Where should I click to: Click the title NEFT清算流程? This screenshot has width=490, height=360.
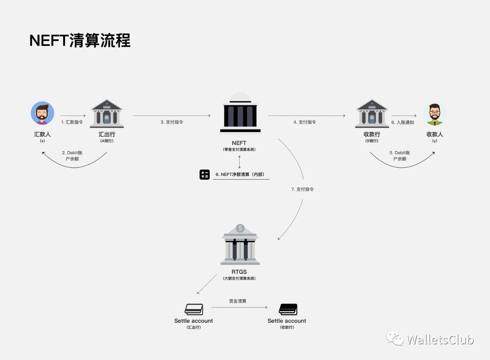[x=80, y=41]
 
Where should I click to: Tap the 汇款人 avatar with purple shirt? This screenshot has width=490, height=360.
[x=42, y=113]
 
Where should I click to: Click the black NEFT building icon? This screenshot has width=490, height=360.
[x=240, y=114]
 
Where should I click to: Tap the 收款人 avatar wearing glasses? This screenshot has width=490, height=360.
[x=434, y=114]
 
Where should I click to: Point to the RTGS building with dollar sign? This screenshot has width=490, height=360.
[x=240, y=245]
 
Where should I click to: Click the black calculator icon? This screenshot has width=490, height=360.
[x=205, y=174]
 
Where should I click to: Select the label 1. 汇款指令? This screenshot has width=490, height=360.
[x=72, y=122]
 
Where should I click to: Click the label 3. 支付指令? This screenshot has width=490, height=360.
[x=172, y=122]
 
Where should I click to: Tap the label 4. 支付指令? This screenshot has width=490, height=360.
[x=305, y=122]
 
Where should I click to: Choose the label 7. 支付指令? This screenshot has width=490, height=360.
[x=302, y=189]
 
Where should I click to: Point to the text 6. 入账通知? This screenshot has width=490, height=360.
[x=402, y=122]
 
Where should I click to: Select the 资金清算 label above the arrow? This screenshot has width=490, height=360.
[x=238, y=301]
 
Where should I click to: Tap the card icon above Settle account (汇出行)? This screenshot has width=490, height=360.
[x=194, y=309]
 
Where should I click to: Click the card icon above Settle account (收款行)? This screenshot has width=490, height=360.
[x=288, y=309]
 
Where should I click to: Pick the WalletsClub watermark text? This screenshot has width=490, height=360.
[x=440, y=339]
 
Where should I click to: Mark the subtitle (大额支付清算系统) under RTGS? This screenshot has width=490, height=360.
[x=239, y=279]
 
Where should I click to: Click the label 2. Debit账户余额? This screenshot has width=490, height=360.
[x=72, y=156]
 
